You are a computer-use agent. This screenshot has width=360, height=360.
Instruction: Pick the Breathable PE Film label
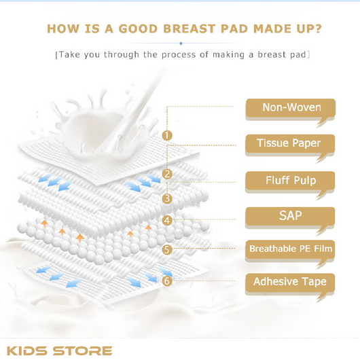pos(290,249)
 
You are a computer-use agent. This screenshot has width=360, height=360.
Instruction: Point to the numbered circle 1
pos(167,135)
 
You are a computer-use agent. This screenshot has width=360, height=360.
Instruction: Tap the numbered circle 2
pos(167,174)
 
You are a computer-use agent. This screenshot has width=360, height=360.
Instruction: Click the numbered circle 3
pos(167,198)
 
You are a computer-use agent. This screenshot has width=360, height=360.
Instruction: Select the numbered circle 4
pos(167,220)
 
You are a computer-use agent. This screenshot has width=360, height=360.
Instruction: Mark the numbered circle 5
pos(167,249)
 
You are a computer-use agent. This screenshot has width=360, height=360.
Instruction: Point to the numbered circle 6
pos(167,281)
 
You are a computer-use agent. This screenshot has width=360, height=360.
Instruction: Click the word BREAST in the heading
pos(190,29)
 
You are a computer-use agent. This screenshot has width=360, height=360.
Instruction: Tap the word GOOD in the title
pos(138,29)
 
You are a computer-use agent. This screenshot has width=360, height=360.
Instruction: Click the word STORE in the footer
pos(83,350)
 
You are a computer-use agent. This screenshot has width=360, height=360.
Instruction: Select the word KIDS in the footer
pos(28,350)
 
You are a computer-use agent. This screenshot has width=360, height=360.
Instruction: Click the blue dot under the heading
pos(181,43)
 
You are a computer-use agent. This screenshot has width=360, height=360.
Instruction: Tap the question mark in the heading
pos(318,29)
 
